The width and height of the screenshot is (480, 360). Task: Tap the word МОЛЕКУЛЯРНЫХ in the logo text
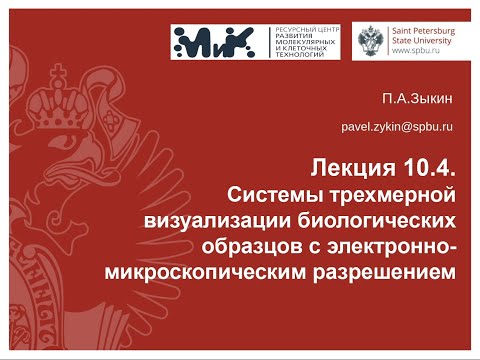click(299, 48)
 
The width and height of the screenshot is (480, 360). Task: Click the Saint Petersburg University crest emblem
click(374, 44)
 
